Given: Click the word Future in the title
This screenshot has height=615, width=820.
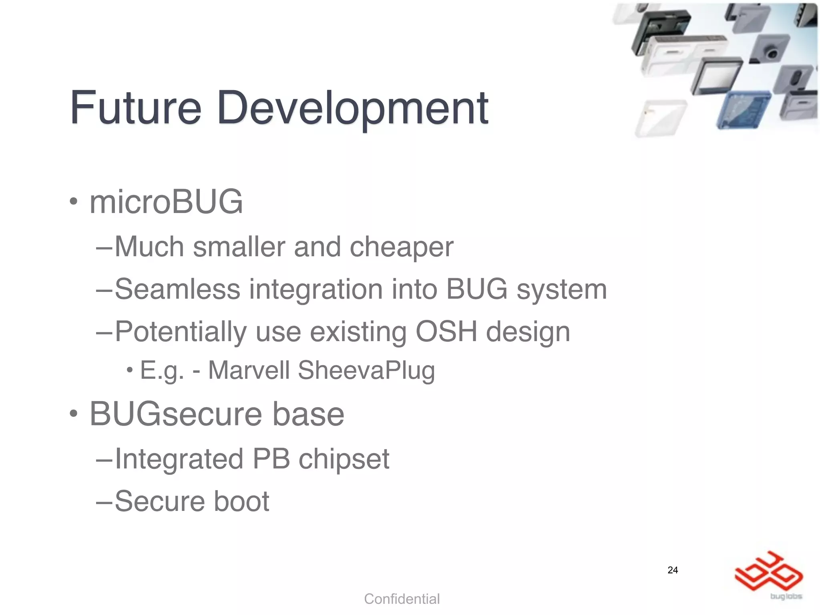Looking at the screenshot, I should pyautogui.click(x=135, y=107).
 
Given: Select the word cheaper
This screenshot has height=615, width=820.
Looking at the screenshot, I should pyautogui.click(x=402, y=247).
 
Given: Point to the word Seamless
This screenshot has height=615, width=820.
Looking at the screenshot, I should pyautogui.click(x=177, y=289).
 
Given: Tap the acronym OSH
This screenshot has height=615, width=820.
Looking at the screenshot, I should pyautogui.click(x=446, y=332).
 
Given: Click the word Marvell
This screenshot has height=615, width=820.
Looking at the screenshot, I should pyautogui.click(x=249, y=370).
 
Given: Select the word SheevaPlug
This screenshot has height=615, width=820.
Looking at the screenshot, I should pyautogui.click(x=366, y=371).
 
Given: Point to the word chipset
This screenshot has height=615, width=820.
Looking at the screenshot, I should pyautogui.click(x=344, y=460).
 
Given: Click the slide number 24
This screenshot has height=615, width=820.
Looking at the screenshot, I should pyautogui.click(x=673, y=570).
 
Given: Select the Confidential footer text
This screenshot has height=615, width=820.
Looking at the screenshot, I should pyautogui.click(x=402, y=599).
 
